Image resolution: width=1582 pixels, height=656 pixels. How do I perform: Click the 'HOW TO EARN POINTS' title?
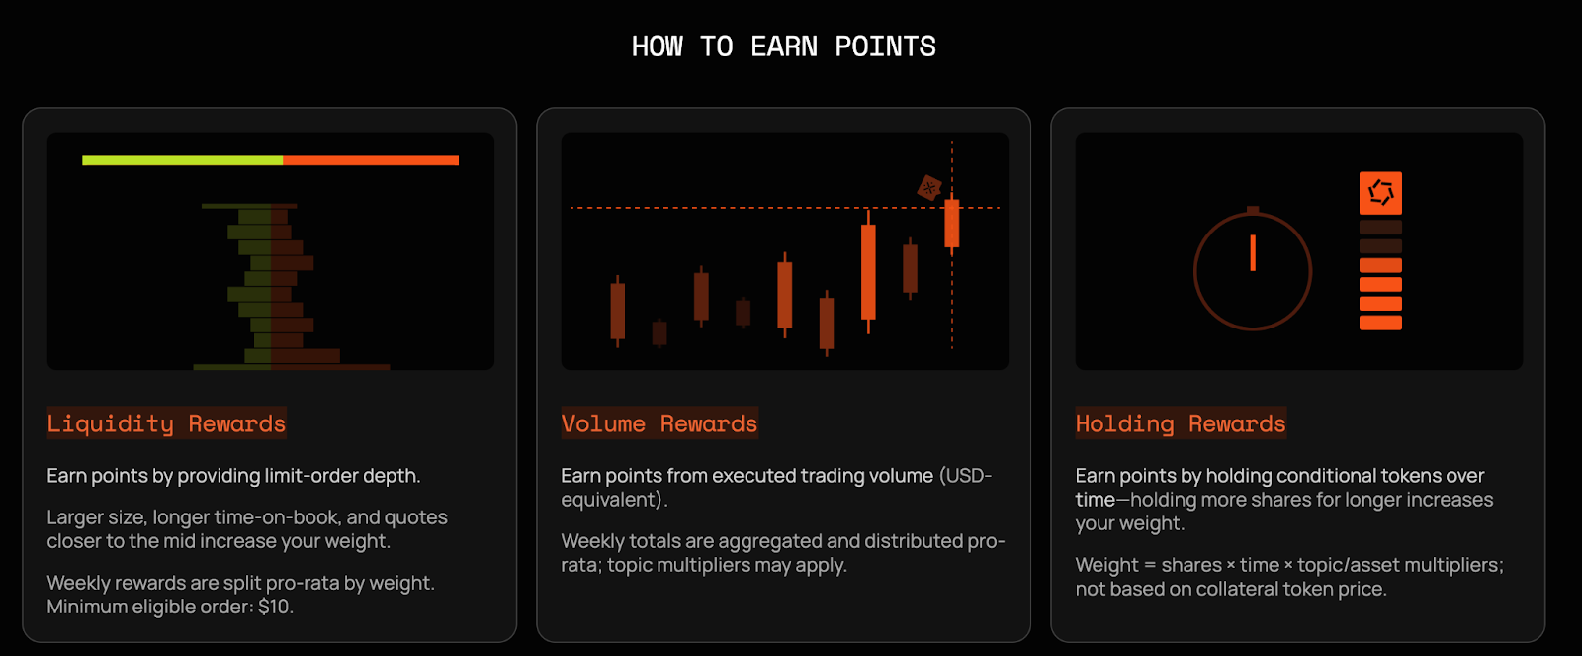(x=783, y=47)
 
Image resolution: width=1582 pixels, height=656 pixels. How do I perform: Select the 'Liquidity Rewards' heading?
(x=167, y=422)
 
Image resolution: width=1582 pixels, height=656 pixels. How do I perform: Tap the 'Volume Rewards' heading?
(x=659, y=422)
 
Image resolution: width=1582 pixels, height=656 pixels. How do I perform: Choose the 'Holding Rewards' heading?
(x=1181, y=422)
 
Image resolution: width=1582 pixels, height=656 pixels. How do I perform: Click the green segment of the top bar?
(x=182, y=160)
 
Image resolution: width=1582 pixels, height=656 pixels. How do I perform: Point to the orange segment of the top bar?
(x=371, y=160)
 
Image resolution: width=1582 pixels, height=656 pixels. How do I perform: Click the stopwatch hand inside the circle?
(x=1253, y=252)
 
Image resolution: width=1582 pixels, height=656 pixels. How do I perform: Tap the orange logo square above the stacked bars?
(x=1380, y=193)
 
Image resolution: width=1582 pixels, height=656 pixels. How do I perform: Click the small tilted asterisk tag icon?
(x=928, y=187)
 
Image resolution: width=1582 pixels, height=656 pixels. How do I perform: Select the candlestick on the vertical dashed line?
(x=952, y=223)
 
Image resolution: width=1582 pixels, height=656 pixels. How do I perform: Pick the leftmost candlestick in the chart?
(x=617, y=311)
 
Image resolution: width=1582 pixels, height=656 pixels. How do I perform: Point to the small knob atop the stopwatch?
(x=1253, y=210)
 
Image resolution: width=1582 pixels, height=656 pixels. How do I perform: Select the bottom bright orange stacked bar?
(x=1380, y=323)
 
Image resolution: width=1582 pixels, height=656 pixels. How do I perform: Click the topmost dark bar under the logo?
(x=1380, y=227)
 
